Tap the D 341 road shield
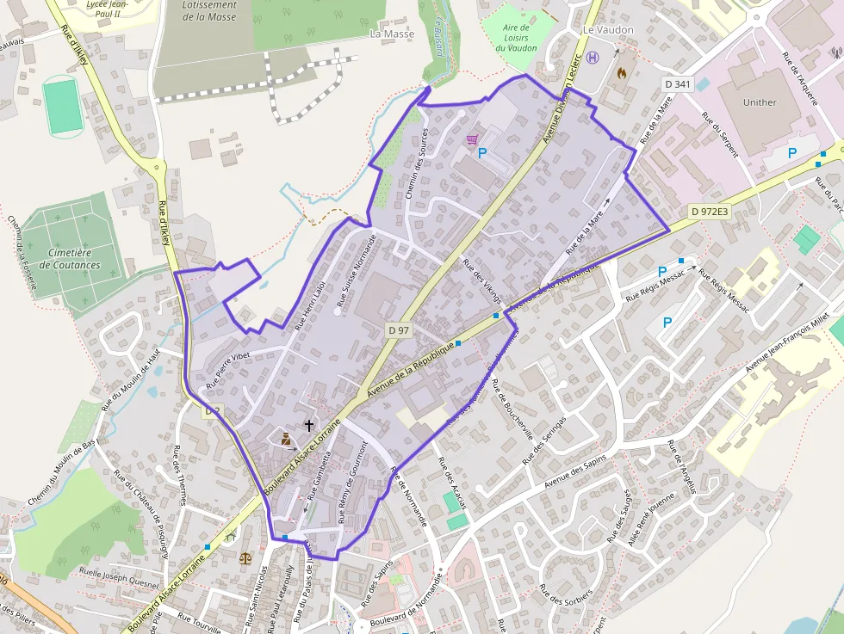(x=678, y=83)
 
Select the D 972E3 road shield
(x=709, y=212)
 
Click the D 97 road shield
(x=397, y=330)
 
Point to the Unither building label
(x=759, y=102)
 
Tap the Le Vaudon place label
(x=608, y=29)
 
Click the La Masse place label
(x=392, y=34)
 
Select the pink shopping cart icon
(x=472, y=138)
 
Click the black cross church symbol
(x=308, y=425)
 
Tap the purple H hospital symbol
(x=593, y=58)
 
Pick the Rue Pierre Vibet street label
(x=220, y=367)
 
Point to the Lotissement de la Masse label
(x=209, y=10)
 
